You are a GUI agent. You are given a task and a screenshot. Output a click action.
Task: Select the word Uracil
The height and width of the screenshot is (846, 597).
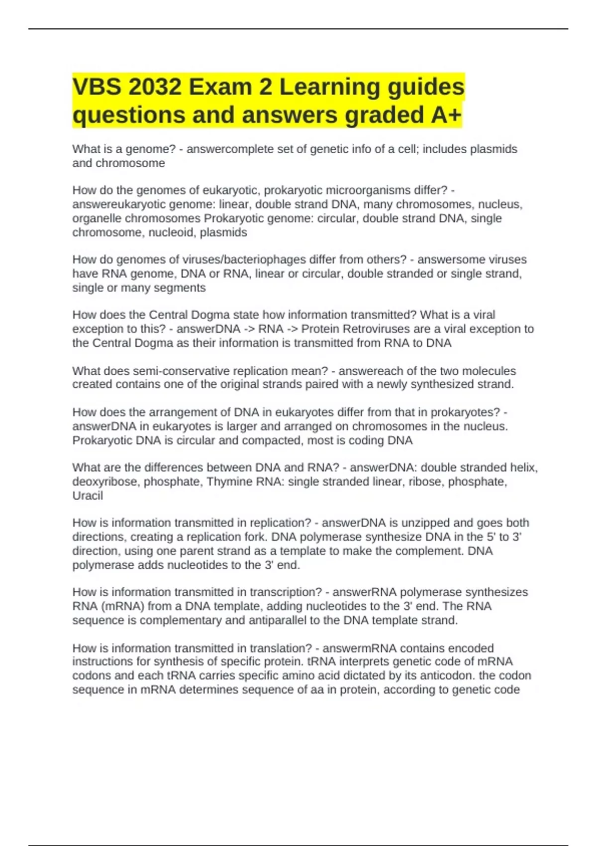[x=88, y=496]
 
